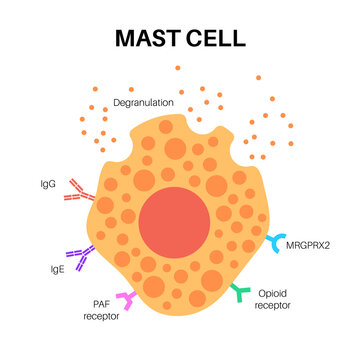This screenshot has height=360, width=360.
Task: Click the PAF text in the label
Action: click(x=100, y=304)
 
